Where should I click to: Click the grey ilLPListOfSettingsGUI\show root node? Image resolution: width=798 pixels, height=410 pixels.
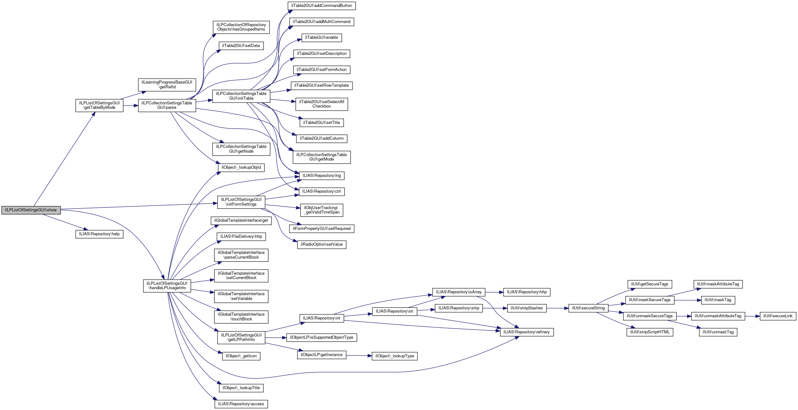coord(31,210)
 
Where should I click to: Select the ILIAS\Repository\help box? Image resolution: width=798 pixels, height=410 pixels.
coord(99,234)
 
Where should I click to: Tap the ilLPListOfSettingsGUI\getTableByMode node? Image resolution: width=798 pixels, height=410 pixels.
coord(99,105)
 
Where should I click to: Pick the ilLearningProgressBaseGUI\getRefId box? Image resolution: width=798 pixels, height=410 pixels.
coord(167,85)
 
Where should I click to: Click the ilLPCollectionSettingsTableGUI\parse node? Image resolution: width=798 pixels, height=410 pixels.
coord(167,105)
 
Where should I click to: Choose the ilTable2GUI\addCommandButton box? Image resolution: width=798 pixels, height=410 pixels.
coord(322,6)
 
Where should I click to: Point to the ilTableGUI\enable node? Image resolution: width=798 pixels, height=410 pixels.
coord(322,38)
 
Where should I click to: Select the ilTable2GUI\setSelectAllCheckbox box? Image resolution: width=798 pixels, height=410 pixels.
coord(322,104)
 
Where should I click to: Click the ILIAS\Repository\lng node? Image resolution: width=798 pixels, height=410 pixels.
coord(322,176)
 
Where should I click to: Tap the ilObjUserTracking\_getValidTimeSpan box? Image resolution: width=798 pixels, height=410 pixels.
coord(322,210)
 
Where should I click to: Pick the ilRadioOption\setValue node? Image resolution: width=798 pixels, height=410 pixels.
coord(322,244)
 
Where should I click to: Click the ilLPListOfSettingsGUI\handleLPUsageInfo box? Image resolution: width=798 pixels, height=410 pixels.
coord(167,286)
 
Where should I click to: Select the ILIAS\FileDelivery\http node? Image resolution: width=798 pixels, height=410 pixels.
coord(241,237)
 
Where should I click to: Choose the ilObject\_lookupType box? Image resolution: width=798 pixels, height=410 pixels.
coord(394,356)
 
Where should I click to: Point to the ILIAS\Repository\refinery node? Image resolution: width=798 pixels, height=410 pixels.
coord(527,332)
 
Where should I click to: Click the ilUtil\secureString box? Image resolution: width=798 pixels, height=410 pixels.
coord(588,308)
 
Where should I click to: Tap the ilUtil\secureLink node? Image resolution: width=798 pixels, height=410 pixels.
coord(778,316)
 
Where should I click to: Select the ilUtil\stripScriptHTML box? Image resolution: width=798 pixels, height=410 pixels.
coord(650,332)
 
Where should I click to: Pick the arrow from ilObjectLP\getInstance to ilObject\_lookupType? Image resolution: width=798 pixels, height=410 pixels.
coord(359,355)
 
